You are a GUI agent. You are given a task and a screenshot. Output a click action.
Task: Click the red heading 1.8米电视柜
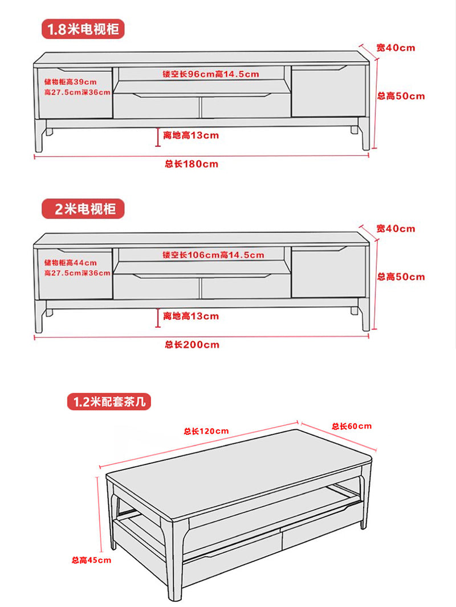83,29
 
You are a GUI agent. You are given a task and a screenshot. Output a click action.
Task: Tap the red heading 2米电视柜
83,209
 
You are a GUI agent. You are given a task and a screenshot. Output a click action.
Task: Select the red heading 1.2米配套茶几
109,402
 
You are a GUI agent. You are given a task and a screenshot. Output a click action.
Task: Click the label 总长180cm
192,164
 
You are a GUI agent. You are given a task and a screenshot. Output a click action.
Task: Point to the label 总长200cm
192,344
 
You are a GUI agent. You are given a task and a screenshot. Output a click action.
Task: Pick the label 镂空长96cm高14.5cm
211,74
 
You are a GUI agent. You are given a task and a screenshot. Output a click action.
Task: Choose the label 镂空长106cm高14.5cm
213,255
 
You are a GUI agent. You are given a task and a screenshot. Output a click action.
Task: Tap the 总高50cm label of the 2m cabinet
401,277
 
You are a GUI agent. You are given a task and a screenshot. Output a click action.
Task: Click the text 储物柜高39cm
70,82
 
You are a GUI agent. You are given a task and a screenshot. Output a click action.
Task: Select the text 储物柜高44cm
70,263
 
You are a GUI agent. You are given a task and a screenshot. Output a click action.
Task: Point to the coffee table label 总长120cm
206,431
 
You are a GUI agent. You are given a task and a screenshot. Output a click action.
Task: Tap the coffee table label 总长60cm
352,426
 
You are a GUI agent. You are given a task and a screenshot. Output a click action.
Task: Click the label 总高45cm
91,560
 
